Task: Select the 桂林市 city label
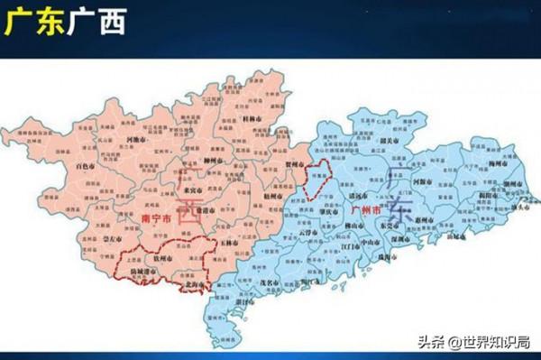tap(252, 120)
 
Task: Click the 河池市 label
tap(138, 140)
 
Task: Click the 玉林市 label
tap(227, 242)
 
